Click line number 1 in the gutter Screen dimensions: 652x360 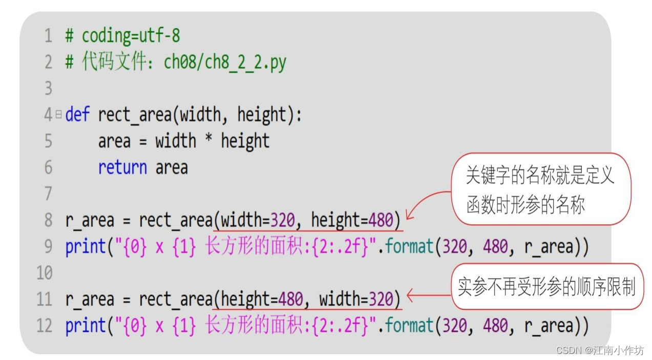click(48, 36)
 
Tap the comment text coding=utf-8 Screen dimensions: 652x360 click(131, 36)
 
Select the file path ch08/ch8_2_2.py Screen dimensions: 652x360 click(225, 62)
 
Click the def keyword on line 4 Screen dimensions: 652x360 click(77, 115)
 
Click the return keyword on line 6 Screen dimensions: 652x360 click(122, 167)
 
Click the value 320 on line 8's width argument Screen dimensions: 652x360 click(283, 220)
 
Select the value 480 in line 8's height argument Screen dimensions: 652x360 click(381, 220)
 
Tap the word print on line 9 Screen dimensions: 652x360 click(86, 247)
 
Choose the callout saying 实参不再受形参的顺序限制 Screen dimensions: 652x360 click(547, 287)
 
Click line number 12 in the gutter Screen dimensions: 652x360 click(45, 326)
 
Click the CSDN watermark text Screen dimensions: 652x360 click(600, 350)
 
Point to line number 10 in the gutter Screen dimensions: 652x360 click(45, 273)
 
